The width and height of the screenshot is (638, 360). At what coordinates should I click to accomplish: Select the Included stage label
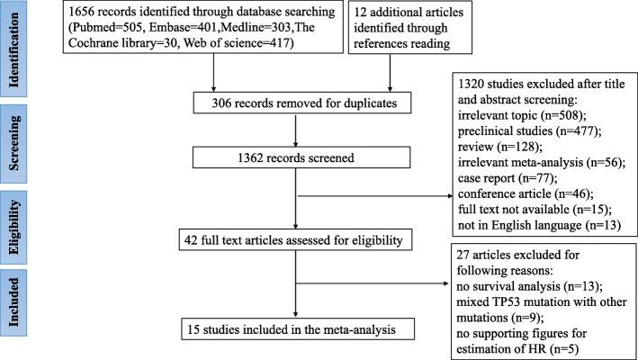pos(16,302)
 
